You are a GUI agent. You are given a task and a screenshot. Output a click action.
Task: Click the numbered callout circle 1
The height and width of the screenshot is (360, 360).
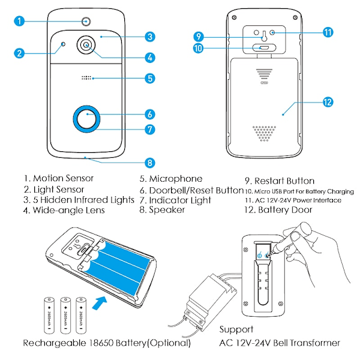tap(19, 22)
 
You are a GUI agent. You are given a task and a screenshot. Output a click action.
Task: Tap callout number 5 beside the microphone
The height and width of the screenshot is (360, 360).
tap(150, 78)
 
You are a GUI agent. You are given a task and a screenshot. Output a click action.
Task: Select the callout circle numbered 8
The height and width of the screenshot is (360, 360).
tap(150, 163)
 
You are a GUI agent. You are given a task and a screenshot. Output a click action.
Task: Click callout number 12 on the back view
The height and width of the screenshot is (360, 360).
tap(327, 103)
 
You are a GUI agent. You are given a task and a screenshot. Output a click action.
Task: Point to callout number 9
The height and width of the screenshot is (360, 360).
tap(199, 36)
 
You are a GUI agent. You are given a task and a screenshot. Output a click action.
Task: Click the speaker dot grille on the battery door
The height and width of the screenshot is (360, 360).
tap(264, 133)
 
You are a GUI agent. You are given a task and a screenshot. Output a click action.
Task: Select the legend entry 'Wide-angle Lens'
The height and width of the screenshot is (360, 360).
tap(67, 211)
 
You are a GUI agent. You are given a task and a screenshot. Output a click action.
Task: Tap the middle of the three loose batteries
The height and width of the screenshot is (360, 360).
tap(64, 313)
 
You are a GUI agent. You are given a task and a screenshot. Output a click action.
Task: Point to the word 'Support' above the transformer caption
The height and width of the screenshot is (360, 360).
tap(236, 329)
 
